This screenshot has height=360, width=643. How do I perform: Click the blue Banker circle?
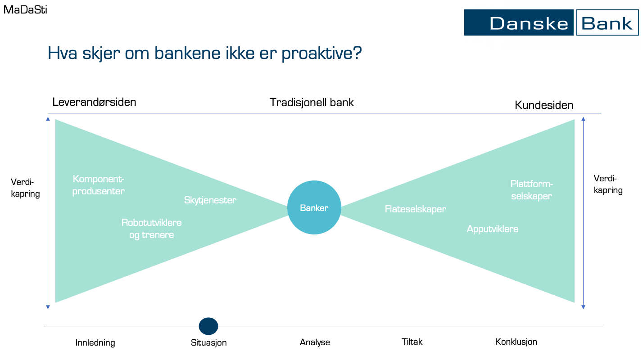(x=314, y=207)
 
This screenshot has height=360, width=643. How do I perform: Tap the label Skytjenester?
(x=210, y=200)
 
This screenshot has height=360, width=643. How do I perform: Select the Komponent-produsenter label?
(x=99, y=185)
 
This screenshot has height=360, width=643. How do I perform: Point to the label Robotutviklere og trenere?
(x=151, y=229)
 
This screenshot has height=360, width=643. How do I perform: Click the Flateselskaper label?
(x=415, y=209)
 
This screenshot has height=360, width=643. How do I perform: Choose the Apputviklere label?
(x=492, y=229)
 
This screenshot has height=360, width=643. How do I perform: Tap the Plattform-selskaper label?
(x=531, y=190)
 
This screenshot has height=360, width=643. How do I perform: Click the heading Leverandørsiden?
(x=94, y=102)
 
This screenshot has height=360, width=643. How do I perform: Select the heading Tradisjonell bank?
(x=312, y=103)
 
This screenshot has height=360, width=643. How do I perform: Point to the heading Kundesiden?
(x=544, y=105)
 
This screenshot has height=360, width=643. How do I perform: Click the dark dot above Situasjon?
(x=208, y=326)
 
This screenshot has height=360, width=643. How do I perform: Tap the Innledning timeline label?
(x=95, y=343)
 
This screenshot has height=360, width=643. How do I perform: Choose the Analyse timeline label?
(x=315, y=342)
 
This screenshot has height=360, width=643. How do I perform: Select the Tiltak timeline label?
(x=412, y=342)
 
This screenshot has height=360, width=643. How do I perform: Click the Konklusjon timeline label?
(x=516, y=342)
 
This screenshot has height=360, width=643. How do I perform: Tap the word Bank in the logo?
(x=607, y=22)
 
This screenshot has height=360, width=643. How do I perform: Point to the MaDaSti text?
(x=25, y=9)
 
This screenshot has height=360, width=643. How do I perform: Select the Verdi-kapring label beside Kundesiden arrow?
(x=608, y=184)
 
